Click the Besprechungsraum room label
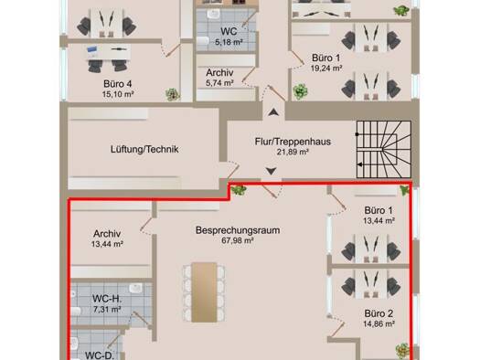tap(238, 230)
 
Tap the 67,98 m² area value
tap(238, 240)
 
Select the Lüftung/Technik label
tap(144, 149)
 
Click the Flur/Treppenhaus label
tap(293, 142)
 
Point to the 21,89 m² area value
tap(293, 152)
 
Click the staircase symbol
tap(384, 149)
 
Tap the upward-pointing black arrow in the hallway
tap(273, 112)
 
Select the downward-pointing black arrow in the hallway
tap(271, 171)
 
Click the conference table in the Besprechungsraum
tap(204, 292)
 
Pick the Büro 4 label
tap(118, 84)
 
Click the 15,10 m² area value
tap(118, 94)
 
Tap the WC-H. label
tap(107, 298)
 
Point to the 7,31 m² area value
tap(107, 309)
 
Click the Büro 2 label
tap(379, 313)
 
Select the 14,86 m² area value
tap(379, 323)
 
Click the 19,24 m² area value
tap(326, 69)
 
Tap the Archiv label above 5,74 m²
tap(219, 73)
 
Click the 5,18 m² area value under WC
tap(229, 42)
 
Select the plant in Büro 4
tap(173, 94)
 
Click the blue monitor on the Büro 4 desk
tap(92, 50)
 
